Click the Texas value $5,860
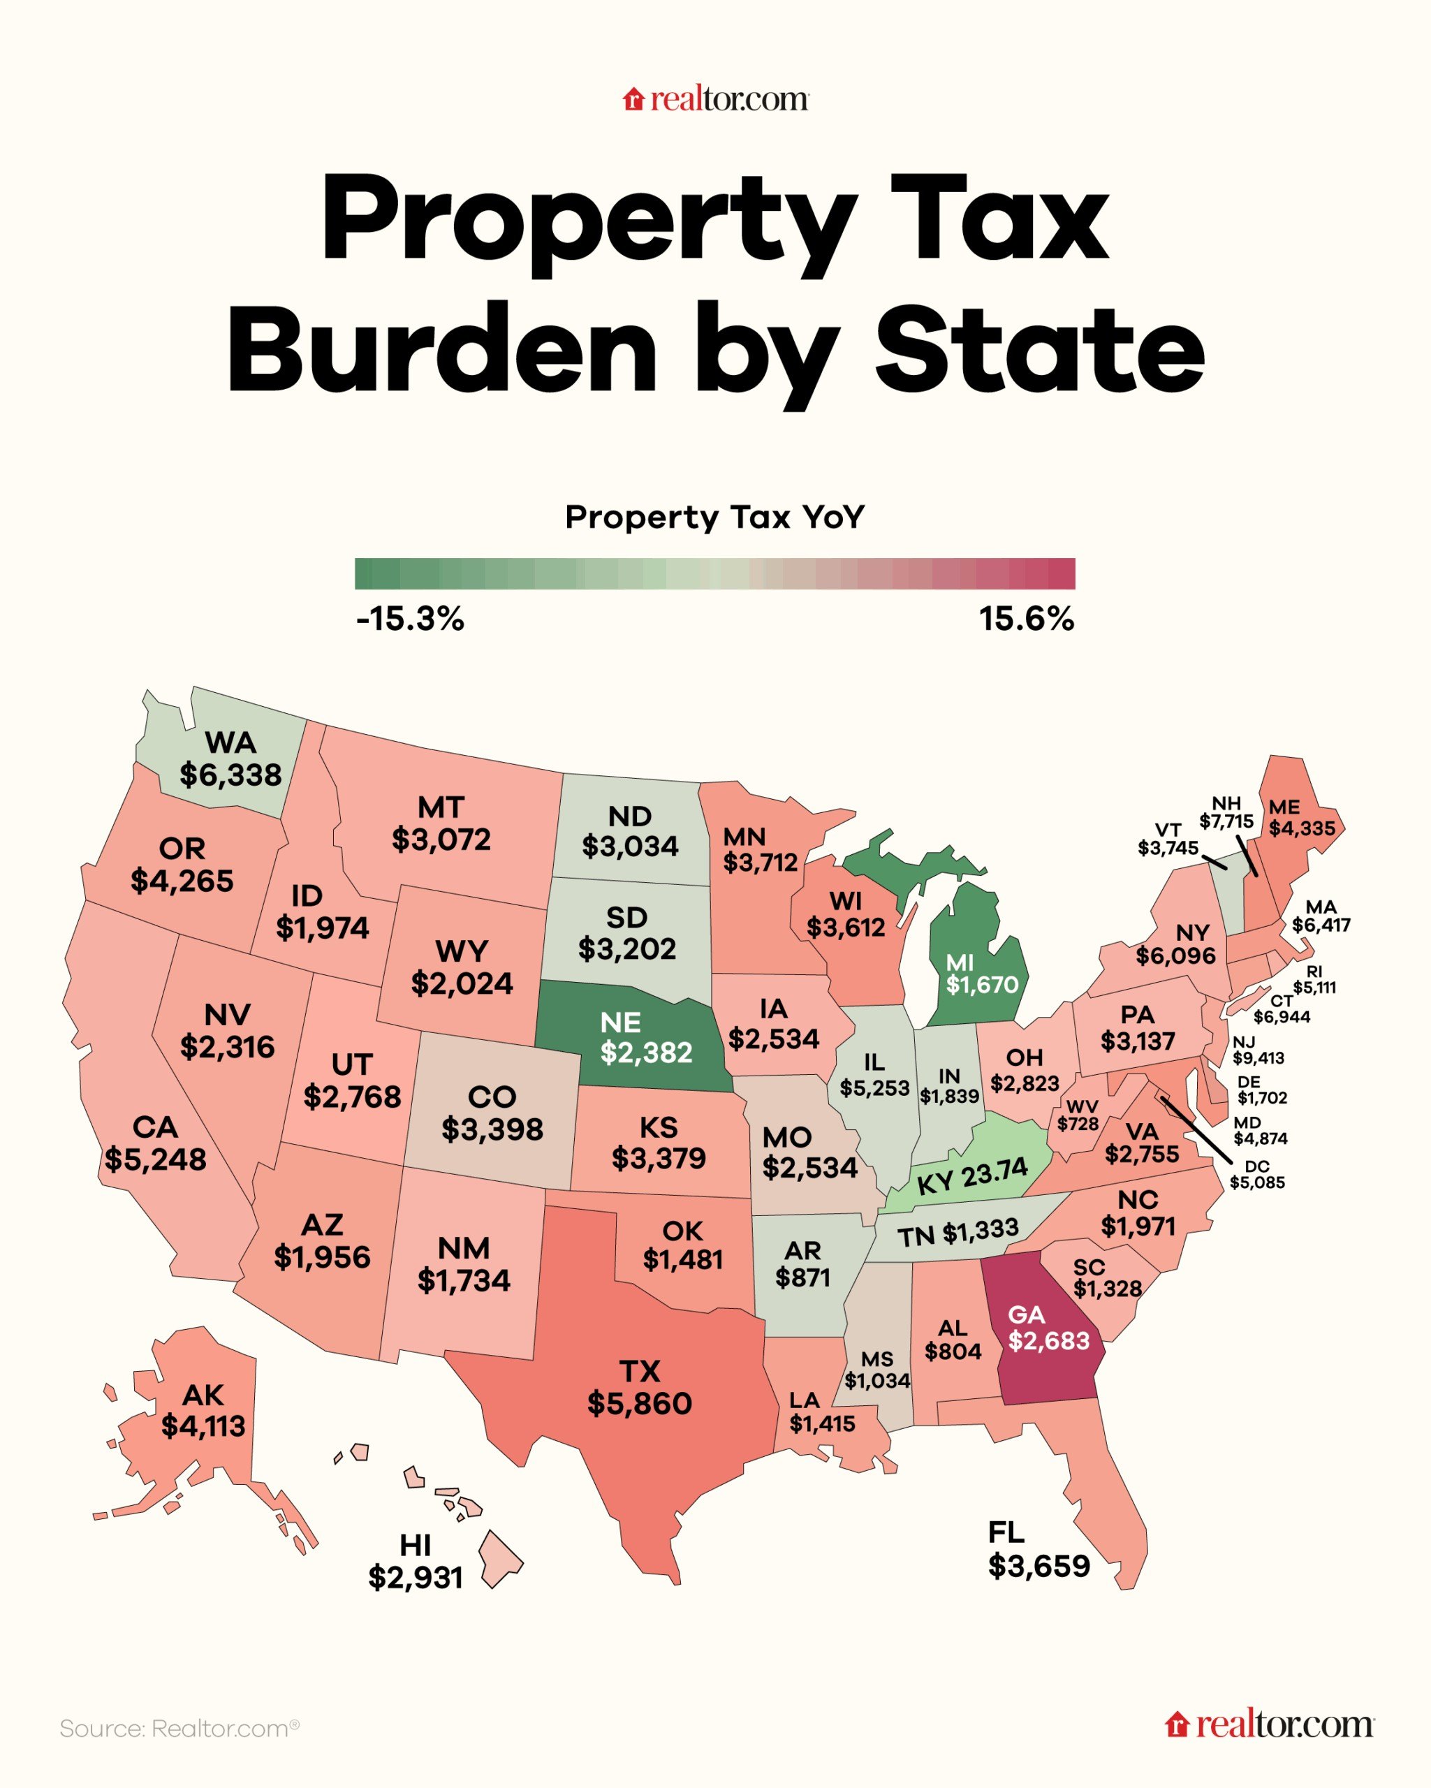point(639,1403)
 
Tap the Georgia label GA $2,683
point(1048,1328)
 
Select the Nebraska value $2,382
point(646,1053)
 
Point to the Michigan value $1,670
point(982,984)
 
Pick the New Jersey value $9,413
point(1258,1058)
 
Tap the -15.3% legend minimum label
point(411,619)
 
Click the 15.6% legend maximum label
point(1027,619)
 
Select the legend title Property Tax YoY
point(714,517)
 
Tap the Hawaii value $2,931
point(416,1576)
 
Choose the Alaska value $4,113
point(203,1426)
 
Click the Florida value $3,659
point(1039,1566)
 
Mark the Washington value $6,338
point(230,775)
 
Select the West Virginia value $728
point(1078,1124)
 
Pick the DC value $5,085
point(1257,1182)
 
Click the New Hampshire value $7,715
point(1226,822)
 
